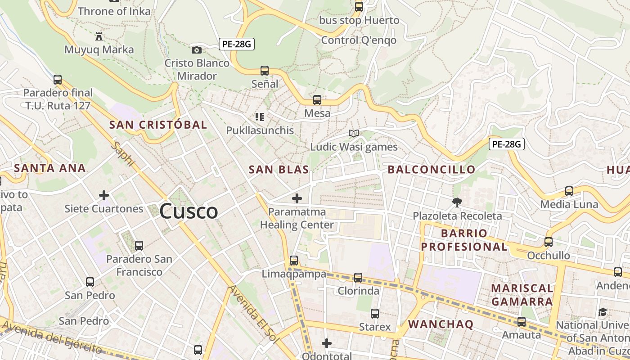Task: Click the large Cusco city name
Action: pos(189,211)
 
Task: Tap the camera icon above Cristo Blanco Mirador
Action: pos(197,50)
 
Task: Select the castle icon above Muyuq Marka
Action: pos(99,36)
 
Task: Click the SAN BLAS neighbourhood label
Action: pos(279,170)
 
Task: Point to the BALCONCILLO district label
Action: pos(431,170)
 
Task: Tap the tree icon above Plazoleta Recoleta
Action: pos(457,202)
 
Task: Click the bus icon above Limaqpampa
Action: pos(294,260)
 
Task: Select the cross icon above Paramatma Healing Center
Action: pos(297,198)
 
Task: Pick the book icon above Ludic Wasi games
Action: pos(354,133)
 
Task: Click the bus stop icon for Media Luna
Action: pos(569,191)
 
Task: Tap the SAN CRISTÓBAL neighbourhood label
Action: pos(158,125)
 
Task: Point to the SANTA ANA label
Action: pos(49,168)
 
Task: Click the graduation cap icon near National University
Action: pos(603,312)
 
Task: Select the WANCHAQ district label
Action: pos(441,324)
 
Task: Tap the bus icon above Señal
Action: pos(265,71)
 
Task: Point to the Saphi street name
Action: pos(122,154)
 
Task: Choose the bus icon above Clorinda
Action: pos(358,277)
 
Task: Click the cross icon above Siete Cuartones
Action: pos(104,195)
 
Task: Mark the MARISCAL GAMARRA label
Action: pos(522,295)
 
